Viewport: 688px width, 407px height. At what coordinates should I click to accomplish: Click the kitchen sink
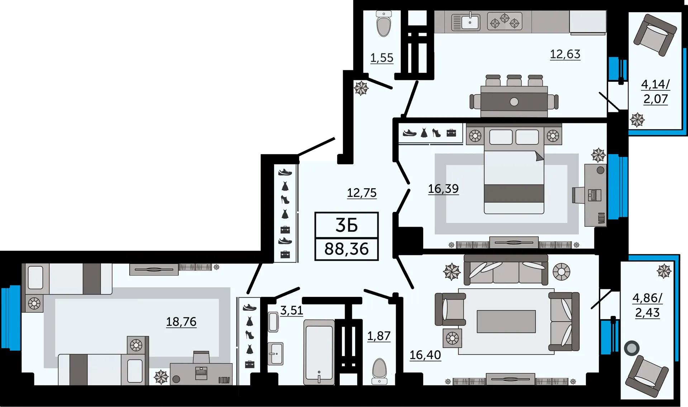465,22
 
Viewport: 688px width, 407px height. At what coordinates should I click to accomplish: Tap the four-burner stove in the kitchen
505,21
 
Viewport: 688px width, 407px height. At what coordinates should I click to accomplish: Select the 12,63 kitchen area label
565,54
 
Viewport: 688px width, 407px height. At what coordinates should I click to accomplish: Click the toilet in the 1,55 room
384,24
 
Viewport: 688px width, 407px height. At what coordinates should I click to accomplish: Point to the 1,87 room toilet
379,371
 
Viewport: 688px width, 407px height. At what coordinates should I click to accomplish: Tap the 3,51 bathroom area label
292,311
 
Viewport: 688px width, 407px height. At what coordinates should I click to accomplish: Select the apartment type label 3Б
347,225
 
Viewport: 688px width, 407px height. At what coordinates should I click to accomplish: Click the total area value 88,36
347,249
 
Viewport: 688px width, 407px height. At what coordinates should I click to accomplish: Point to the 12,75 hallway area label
362,193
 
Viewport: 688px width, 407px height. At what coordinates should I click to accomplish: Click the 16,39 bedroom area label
443,189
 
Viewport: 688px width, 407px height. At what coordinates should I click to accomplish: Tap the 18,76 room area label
181,322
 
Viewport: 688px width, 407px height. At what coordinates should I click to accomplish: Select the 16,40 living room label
425,355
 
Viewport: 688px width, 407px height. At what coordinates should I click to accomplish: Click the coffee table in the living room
506,322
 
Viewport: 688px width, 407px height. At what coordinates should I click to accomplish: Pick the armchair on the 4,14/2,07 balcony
655,35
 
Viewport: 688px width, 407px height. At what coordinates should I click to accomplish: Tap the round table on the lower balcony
632,348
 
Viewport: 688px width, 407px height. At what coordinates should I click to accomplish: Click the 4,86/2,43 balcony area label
648,305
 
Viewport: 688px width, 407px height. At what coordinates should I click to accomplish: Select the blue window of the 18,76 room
11,317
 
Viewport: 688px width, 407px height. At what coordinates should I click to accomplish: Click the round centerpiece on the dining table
514,102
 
